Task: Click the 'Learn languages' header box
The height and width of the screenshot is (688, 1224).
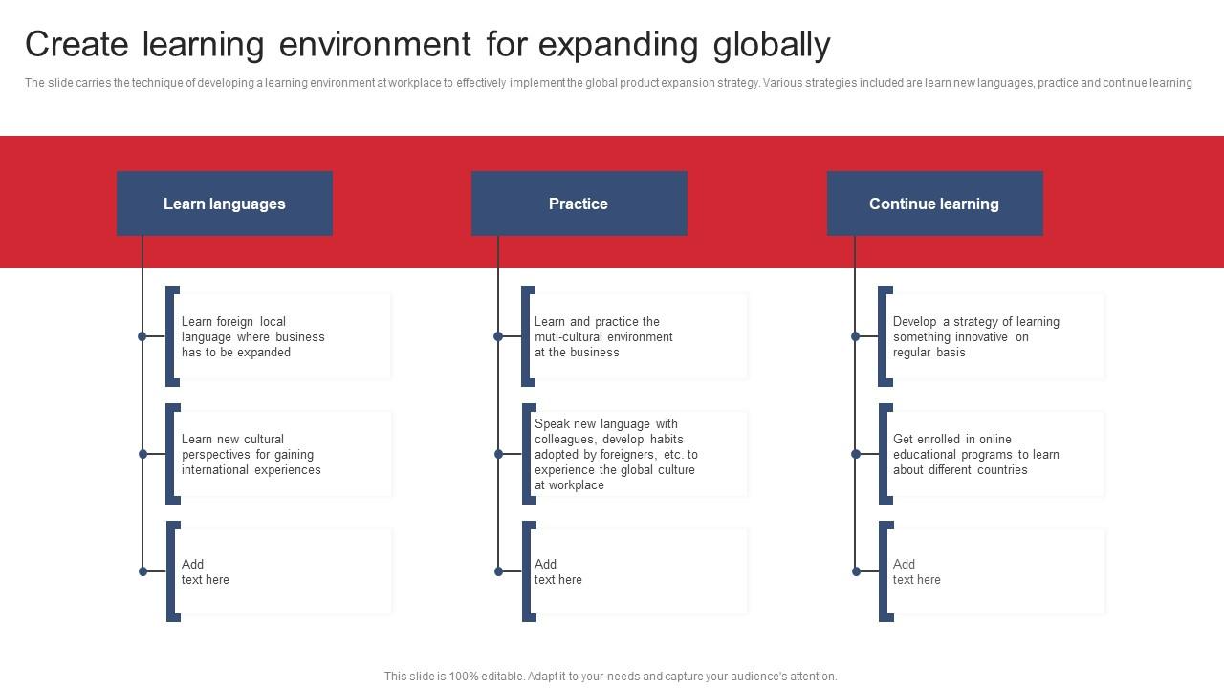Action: coord(225,204)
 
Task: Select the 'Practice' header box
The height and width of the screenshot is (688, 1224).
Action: coord(579,204)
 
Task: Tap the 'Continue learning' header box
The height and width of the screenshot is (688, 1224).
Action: coord(934,204)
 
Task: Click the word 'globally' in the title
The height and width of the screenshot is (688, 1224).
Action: coord(771,45)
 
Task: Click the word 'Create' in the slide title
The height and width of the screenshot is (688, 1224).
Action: coord(76,45)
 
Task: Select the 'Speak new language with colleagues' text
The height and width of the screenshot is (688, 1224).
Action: coord(616,455)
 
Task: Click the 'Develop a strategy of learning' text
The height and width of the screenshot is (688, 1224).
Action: coord(975,336)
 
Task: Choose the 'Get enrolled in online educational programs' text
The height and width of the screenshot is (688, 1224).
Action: coord(975,455)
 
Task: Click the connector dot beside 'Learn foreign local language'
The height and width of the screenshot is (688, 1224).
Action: coord(142,336)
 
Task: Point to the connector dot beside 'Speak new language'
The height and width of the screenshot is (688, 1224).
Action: coord(498,454)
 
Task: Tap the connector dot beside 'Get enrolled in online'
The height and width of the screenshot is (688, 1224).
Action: coord(856,454)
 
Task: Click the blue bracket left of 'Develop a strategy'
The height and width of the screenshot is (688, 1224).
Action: coord(883,336)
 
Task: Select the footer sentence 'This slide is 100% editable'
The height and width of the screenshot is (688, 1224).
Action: coord(610,677)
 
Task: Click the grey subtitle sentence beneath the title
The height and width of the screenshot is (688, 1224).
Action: coord(608,83)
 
